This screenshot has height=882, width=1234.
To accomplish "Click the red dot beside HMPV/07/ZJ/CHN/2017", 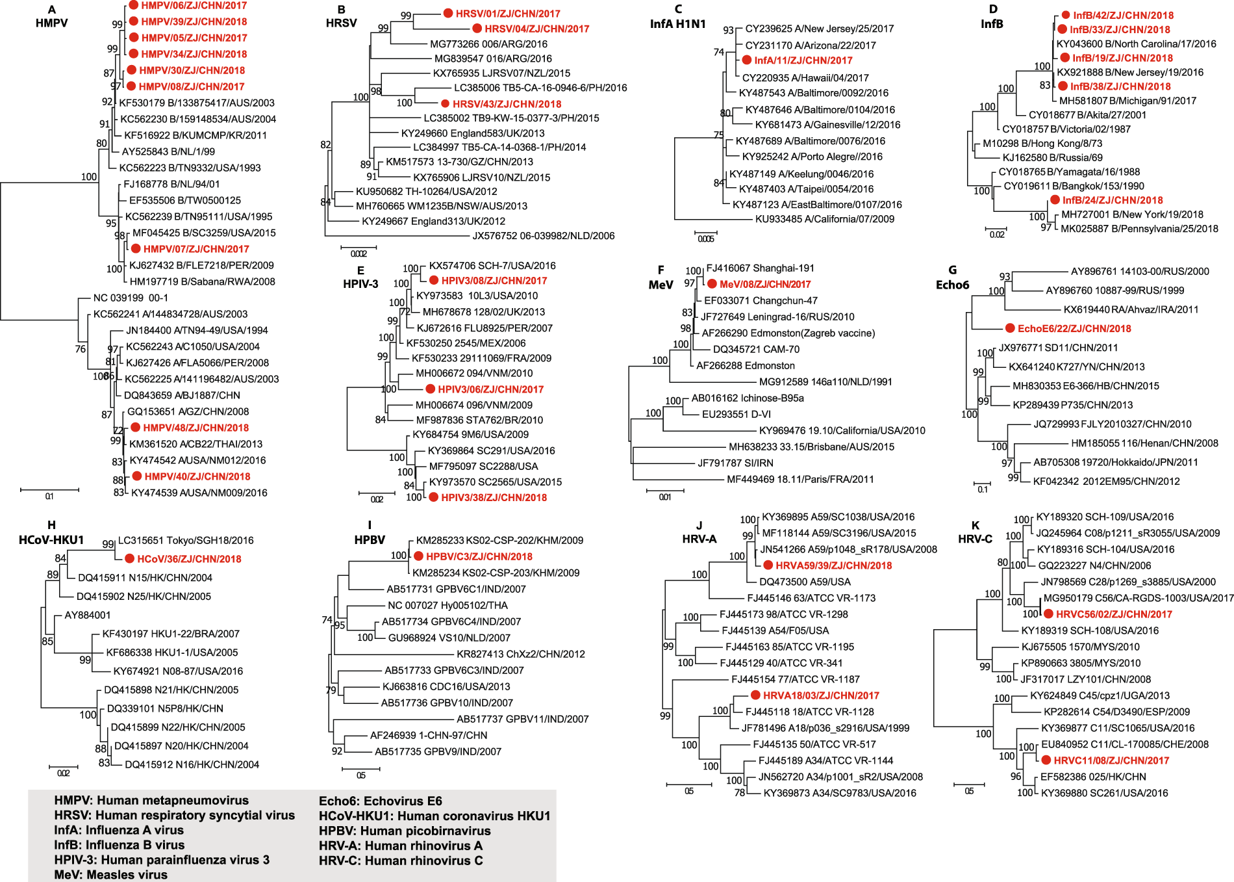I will click(x=136, y=249).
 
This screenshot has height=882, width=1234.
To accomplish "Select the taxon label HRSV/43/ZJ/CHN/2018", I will click(x=507, y=104).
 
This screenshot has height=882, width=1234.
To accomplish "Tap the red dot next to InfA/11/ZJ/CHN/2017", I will click(x=747, y=60).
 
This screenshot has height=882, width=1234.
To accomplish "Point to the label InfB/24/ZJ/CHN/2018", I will click(x=1113, y=200).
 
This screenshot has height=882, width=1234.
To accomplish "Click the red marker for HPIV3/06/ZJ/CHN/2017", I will click(x=430, y=389).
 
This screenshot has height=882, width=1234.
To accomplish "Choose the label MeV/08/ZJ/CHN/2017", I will click(x=765, y=284).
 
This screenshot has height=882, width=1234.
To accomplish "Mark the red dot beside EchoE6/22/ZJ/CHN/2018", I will click(x=1010, y=328).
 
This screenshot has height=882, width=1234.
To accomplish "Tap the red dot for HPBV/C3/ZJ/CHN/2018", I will click(x=418, y=556).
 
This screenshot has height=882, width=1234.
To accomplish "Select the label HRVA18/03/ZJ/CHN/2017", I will click(x=821, y=695).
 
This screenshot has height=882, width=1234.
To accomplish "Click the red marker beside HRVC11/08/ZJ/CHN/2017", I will click(x=1046, y=760).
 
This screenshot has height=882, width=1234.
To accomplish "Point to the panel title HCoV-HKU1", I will click(x=51, y=539).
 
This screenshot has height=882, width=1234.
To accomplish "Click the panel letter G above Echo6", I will click(x=952, y=270).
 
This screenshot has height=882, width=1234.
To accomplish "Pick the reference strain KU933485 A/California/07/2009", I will click(x=824, y=219).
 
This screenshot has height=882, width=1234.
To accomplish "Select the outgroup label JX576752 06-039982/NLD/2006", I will click(x=543, y=236).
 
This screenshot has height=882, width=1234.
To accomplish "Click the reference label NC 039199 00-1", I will click(x=131, y=298).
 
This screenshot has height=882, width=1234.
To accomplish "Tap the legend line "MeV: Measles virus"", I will click(x=110, y=875).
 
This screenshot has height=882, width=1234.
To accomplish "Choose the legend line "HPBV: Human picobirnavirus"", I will click(x=405, y=831).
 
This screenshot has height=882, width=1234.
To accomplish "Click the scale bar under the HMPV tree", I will click(x=49, y=489).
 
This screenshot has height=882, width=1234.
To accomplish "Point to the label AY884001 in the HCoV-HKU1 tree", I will click(x=88, y=615).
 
